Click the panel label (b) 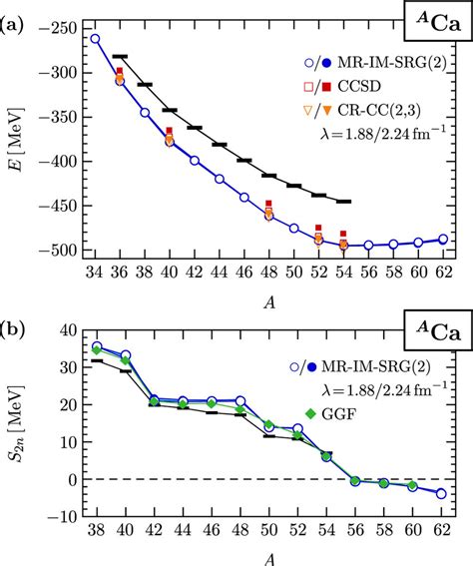[14, 302]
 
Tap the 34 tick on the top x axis [95, 272]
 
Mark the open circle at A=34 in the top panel [95, 39]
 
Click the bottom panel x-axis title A [269, 556]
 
